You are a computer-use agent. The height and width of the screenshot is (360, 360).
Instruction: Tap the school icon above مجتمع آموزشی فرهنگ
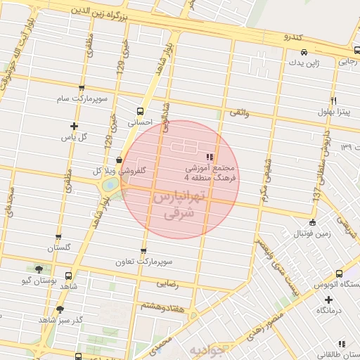(209, 156)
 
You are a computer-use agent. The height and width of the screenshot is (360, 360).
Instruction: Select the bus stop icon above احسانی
(140, 111)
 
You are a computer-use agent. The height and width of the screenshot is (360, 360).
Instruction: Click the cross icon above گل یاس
(74, 126)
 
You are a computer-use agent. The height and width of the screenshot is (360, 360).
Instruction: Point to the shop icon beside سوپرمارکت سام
(82, 88)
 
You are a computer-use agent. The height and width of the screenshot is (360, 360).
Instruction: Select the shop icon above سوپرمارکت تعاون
(144, 251)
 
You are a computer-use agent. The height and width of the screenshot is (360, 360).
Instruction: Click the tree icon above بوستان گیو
(39, 269)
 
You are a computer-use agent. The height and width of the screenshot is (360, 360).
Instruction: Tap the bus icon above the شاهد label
(68, 276)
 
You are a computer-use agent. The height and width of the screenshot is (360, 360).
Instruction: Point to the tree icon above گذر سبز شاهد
(60, 309)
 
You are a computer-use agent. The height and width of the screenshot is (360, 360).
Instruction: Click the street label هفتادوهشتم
(162, 307)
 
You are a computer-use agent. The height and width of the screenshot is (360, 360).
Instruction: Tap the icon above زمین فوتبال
(312, 222)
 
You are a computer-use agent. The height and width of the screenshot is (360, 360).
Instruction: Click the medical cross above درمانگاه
(327, 299)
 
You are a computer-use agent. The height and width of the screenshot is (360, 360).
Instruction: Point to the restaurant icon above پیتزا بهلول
(333, 101)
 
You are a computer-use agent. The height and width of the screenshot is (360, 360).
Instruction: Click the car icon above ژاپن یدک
(303, 52)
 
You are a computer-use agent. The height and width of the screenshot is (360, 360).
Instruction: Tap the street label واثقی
(238, 112)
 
